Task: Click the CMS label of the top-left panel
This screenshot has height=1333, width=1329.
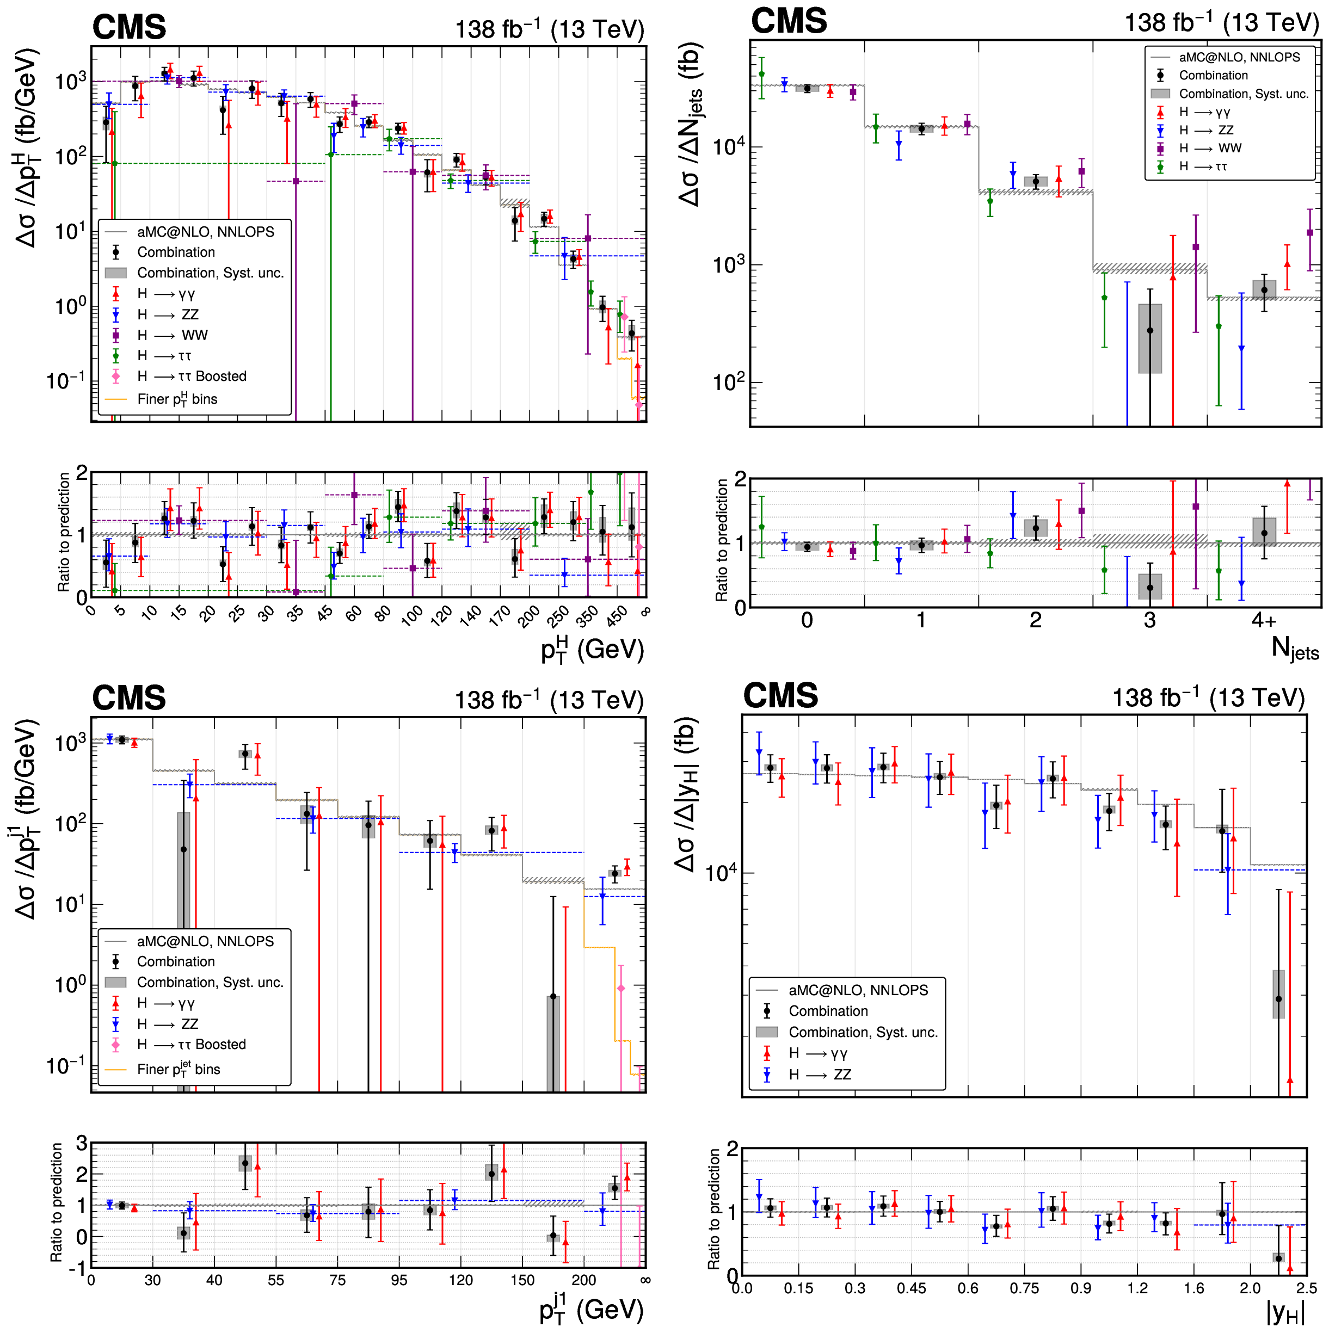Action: tap(129, 28)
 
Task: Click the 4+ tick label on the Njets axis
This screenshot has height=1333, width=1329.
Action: tap(1264, 620)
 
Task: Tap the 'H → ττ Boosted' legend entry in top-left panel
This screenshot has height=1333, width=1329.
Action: tap(191, 377)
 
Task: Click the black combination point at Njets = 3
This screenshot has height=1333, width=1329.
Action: tap(1149, 330)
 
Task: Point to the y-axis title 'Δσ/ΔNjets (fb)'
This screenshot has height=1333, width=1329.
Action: tap(690, 124)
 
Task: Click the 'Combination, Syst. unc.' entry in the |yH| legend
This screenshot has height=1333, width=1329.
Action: tap(863, 1032)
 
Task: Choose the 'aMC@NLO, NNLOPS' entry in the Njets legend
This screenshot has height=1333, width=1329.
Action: tap(1239, 57)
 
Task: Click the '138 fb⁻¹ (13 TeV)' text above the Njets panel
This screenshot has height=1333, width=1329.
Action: tap(1221, 23)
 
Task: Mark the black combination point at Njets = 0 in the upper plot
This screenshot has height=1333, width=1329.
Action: tap(807, 88)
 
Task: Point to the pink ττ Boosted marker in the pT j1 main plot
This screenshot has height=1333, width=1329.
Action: tap(620, 989)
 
